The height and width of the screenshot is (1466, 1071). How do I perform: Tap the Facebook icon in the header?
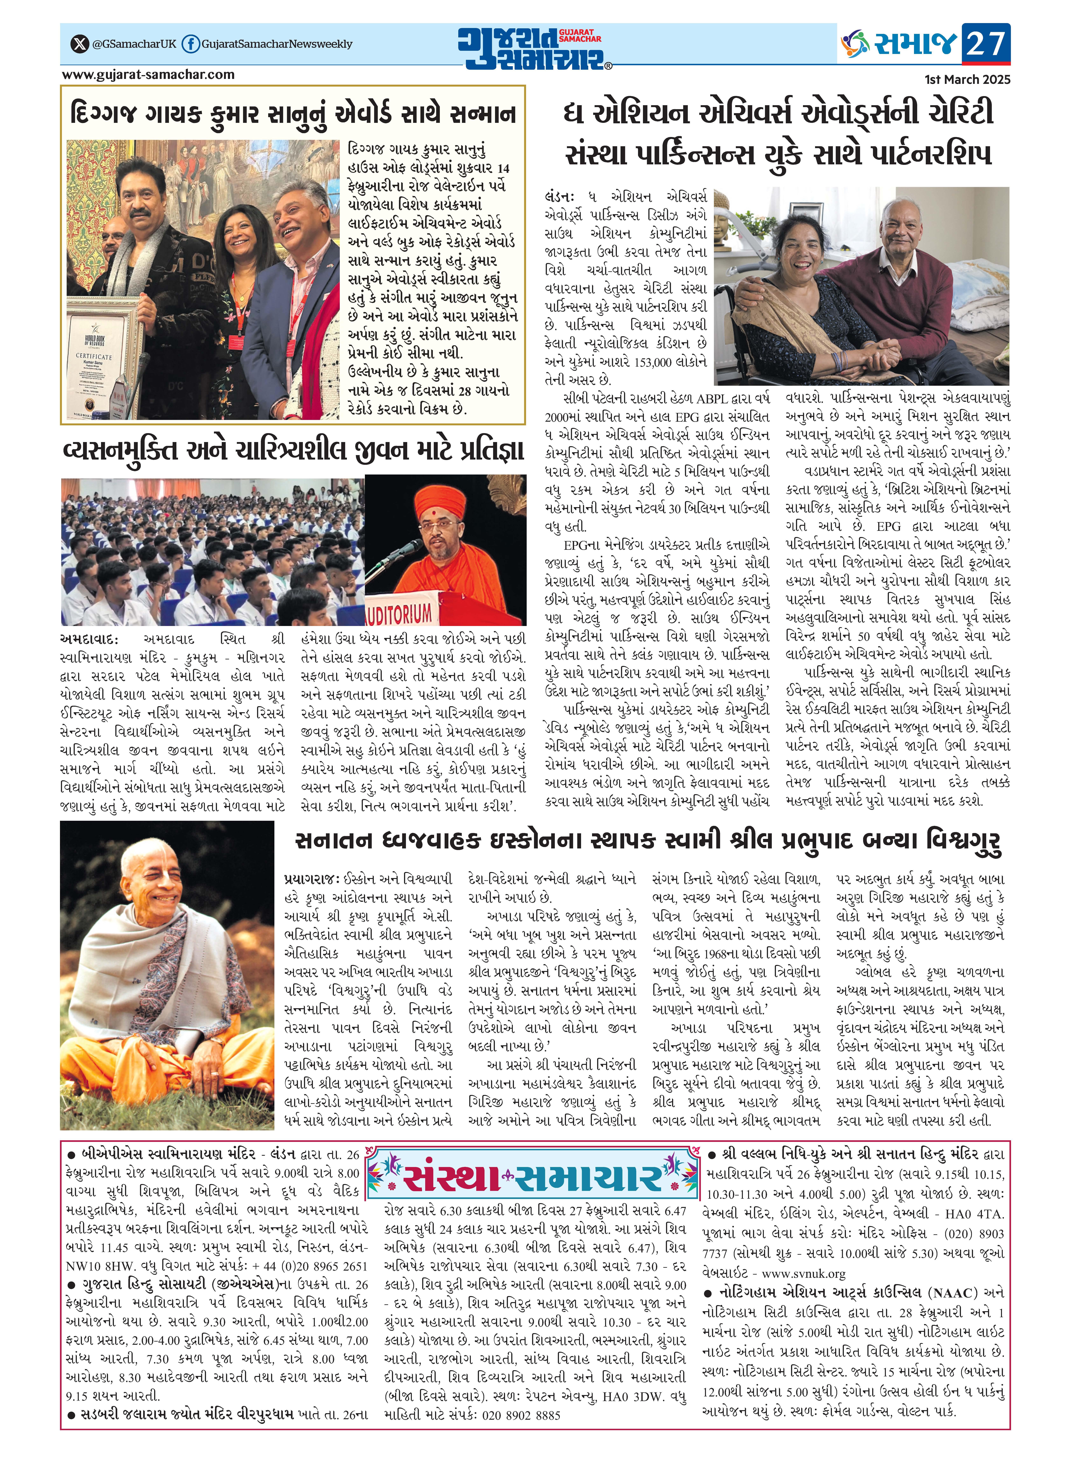[x=190, y=44]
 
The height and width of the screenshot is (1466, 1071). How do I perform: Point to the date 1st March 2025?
[x=967, y=80]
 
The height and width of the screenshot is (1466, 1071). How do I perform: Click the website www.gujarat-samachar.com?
[x=148, y=75]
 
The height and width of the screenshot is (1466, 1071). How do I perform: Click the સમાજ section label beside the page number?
[x=915, y=44]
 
